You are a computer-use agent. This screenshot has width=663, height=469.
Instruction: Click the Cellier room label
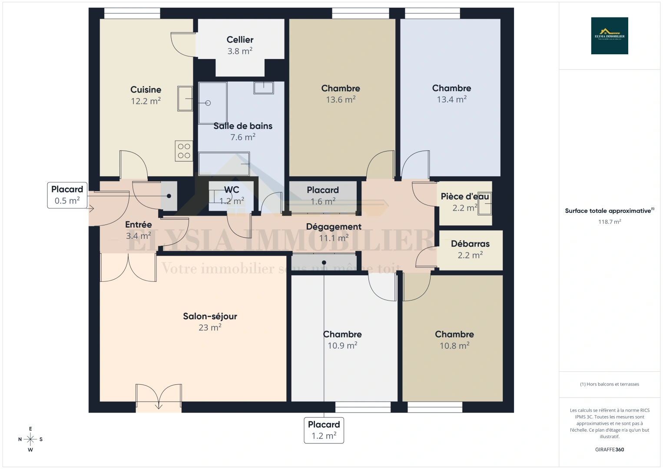pyautogui.click(x=240, y=40)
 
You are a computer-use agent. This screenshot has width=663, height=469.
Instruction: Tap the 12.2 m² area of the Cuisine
pyautogui.click(x=146, y=101)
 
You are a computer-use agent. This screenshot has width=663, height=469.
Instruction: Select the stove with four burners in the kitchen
pyautogui.click(x=184, y=151)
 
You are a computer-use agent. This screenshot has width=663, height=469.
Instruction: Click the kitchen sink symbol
pyautogui.click(x=185, y=99)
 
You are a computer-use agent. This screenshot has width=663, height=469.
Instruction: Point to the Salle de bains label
pyautogui.click(x=243, y=126)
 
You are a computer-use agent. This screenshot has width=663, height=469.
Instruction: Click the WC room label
pyautogui.click(x=232, y=190)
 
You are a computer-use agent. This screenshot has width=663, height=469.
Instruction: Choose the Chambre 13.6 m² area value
pyautogui.click(x=341, y=100)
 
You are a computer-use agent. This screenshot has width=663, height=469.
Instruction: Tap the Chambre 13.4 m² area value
pyautogui.click(x=451, y=99)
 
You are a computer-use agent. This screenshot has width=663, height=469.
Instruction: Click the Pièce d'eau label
pyautogui.click(x=464, y=196)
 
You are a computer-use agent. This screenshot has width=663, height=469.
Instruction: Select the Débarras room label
pyautogui.click(x=470, y=244)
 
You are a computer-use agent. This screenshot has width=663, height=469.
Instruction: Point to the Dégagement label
pyautogui.click(x=334, y=227)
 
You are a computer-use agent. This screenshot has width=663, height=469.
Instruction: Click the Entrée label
pyautogui.click(x=139, y=225)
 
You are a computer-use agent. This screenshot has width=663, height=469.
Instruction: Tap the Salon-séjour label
pyautogui.click(x=210, y=316)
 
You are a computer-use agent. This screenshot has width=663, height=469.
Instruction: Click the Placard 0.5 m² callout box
pyautogui.click(x=67, y=195)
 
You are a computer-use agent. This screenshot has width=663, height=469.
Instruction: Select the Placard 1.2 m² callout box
pyautogui.click(x=324, y=430)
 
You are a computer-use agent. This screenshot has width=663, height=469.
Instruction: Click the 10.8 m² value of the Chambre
pyautogui.click(x=454, y=346)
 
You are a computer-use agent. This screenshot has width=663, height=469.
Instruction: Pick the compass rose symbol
pyautogui.click(x=30, y=439)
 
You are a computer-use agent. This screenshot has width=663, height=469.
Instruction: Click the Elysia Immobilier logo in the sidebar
pyautogui.click(x=609, y=36)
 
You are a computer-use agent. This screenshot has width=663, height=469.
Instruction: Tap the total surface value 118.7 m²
pyautogui.click(x=609, y=222)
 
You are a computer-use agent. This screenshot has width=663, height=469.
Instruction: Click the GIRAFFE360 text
pyautogui.click(x=609, y=449)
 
